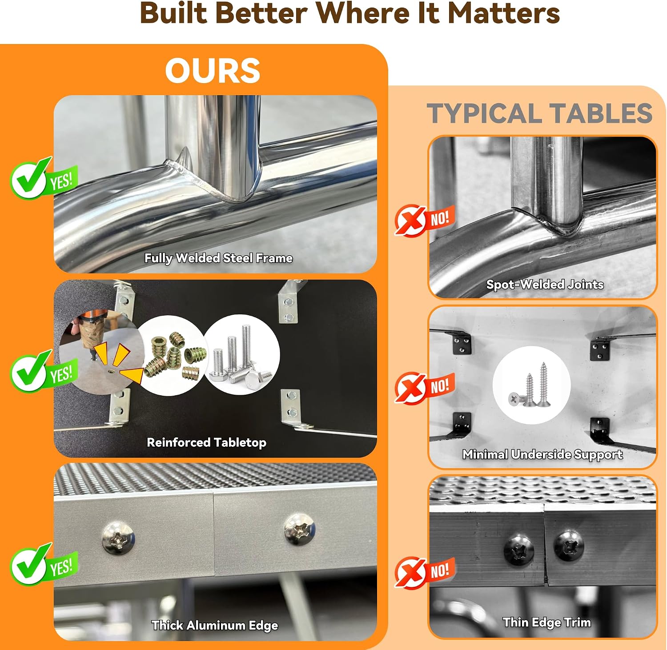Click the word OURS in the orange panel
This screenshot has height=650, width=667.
click(213, 70)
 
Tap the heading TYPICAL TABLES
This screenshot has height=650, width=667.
click(539, 113)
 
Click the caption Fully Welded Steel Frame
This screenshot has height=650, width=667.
click(218, 258)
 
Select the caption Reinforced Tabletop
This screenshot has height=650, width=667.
click(207, 442)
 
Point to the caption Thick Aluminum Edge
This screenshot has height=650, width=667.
click(215, 626)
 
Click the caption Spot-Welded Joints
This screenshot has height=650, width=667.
click(545, 284)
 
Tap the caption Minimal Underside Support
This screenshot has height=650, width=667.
click(542, 454)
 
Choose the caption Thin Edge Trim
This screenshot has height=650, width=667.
click(546, 622)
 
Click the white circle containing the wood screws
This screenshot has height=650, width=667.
click(531, 385)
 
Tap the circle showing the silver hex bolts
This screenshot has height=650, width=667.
click(241, 354)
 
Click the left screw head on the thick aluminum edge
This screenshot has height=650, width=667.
click(118, 538)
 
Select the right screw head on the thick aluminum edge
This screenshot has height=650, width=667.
click(300, 530)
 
